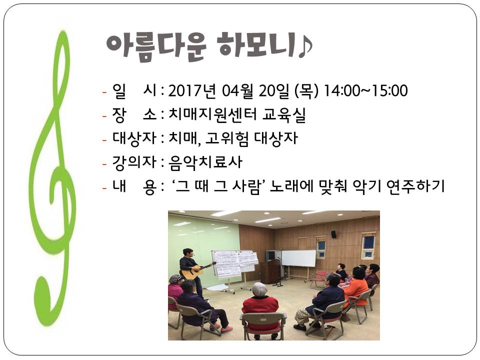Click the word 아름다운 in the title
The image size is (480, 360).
click(156, 47)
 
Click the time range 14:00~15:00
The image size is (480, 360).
click(365, 90)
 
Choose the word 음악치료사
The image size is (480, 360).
click(205, 162)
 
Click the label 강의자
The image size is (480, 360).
click(134, 162)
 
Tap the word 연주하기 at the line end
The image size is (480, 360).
click(415, 186)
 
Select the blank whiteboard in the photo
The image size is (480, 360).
click(298, 258)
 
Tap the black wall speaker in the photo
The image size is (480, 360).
click(333, 234)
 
